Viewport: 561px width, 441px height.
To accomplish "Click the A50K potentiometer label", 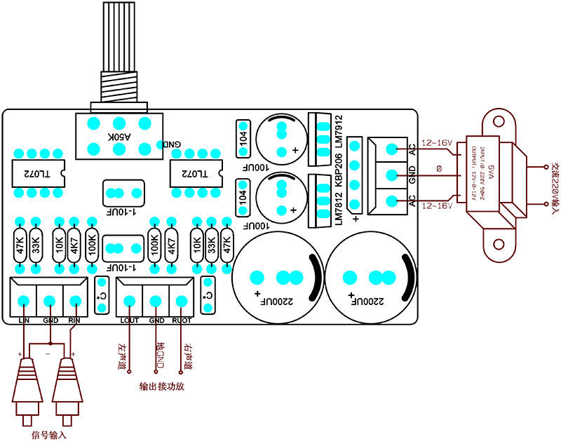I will click(x=117, y=137).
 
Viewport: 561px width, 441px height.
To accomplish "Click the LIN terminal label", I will click(x=23, y=321).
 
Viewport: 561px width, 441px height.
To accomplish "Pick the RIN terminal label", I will click(x=74, y=321).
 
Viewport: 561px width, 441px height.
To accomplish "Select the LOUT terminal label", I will click(x=130, y=321).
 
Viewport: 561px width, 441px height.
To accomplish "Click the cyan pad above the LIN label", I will click(x=23, y=301).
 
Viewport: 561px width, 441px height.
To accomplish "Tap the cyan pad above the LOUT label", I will click(x=129, y=301).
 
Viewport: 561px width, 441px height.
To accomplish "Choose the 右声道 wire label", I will click(x=186, y=354).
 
